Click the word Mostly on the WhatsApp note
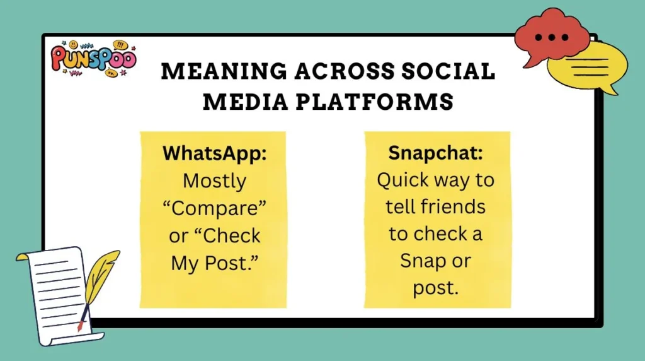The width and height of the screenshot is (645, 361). (214, 181)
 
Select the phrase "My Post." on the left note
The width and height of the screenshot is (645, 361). (214, 263)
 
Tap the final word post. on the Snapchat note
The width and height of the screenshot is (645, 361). (435, 288)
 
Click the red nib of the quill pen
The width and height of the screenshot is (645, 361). (79, 326)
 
